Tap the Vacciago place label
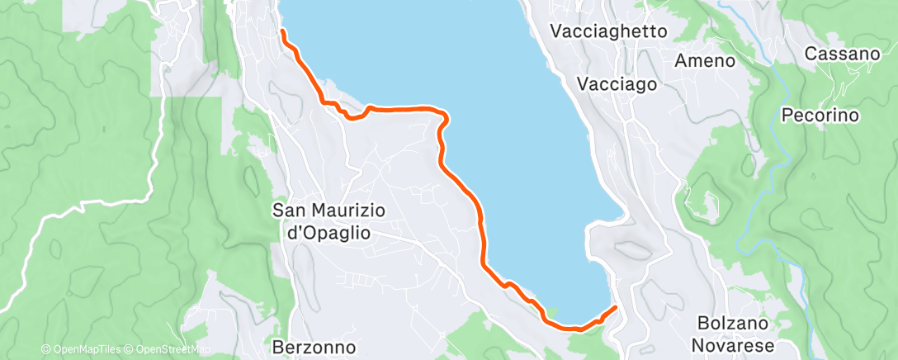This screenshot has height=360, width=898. point(617,84)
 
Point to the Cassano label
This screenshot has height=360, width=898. point(842,54)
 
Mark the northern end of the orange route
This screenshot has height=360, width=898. point(282,31)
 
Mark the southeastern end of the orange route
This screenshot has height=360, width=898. point(616,309)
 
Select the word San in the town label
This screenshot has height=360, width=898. point(287,211)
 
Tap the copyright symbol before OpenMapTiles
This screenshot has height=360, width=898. point(45,349)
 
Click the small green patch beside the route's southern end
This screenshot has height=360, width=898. point(551,311)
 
